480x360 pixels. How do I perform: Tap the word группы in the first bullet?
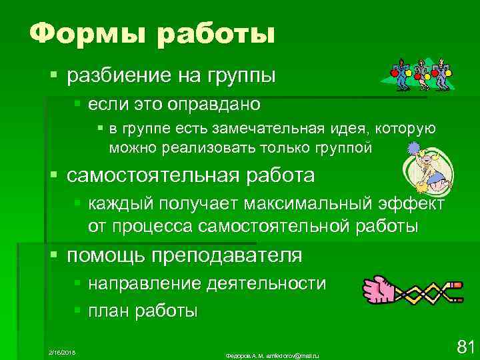coord(239,76)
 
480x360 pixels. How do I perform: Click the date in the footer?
coord(63,351)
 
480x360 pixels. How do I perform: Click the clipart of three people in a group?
coord(417,74)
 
